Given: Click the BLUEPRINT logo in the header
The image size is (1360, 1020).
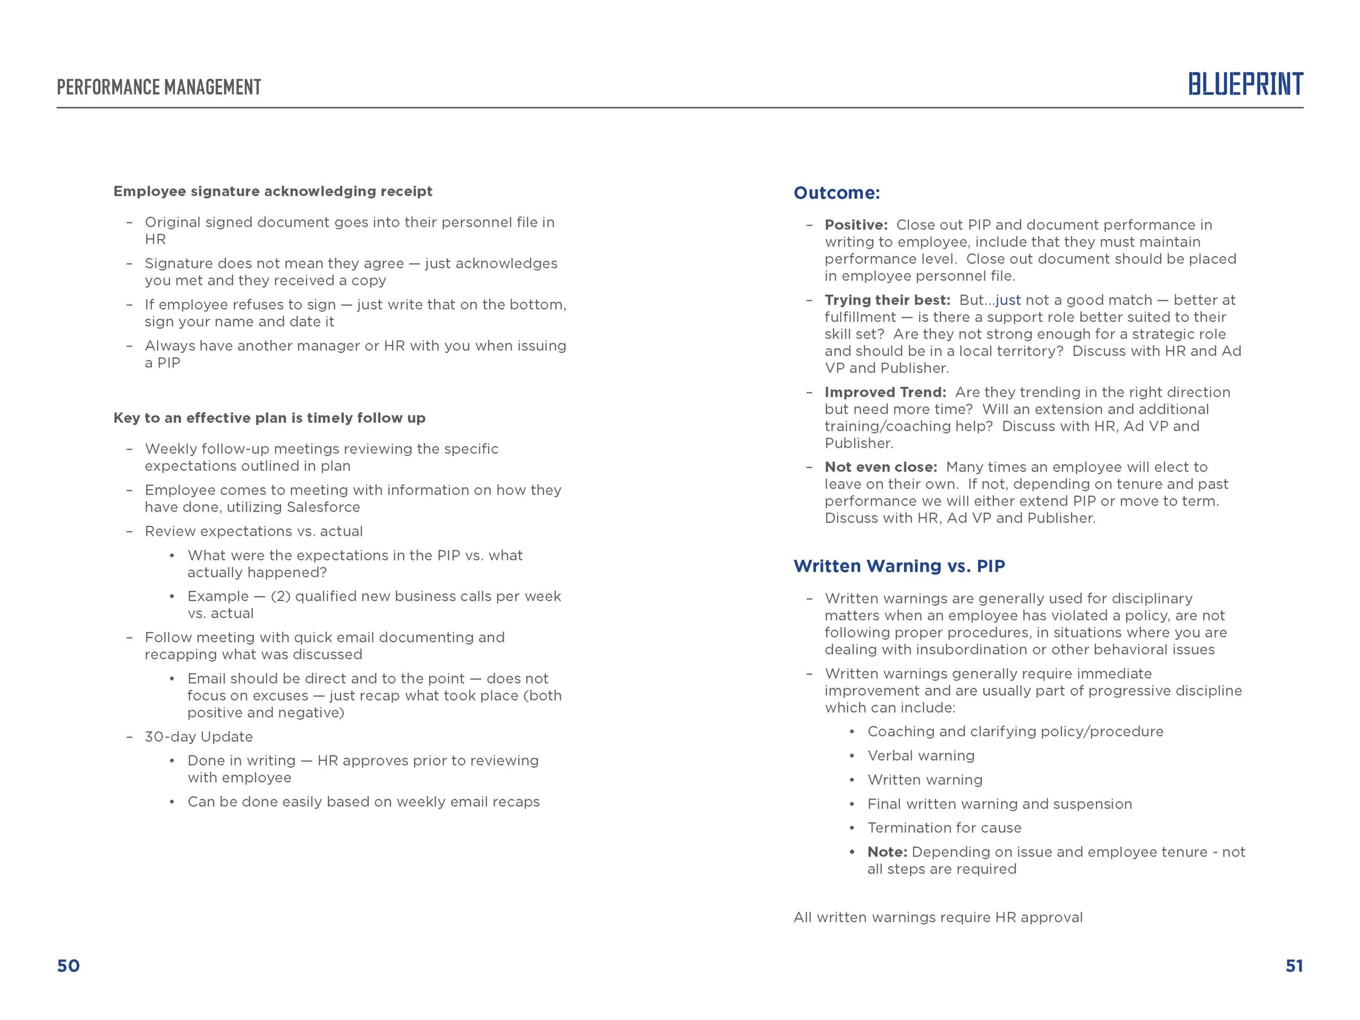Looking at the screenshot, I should [1245, 84].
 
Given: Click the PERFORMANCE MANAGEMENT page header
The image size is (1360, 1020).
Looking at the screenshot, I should [159, 87].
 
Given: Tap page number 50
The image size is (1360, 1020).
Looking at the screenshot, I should [68, 966].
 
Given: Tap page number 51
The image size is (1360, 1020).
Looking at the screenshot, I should [1294, 966].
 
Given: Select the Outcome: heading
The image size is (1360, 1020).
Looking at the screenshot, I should [836, 193].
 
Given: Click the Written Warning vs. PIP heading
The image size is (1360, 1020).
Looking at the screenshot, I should [899, 566].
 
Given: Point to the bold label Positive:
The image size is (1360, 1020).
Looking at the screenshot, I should [856, 225].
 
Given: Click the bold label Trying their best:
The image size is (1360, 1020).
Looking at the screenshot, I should [887, 300].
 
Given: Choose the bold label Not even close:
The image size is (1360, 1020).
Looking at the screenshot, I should [880, 467].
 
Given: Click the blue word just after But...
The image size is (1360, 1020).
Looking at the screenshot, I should [1008, 300].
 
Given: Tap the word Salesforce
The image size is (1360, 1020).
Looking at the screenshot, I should [324, 507].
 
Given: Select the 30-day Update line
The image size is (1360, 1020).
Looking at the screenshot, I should [199, 736].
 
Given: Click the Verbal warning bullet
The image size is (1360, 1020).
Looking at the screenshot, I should [921, 755].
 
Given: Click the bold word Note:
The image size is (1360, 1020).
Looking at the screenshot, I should [887, 852].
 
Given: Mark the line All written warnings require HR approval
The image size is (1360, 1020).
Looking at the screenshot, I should [938, 917].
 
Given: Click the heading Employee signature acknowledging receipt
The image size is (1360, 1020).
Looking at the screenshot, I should [273, 191].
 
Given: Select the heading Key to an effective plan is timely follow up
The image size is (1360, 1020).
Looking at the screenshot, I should [269, 418].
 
